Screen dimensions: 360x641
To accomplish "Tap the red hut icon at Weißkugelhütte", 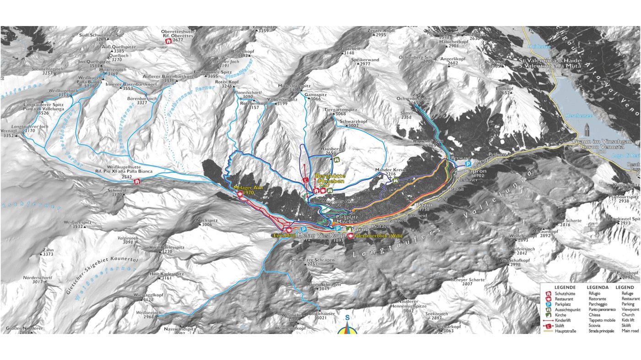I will coord(136,182).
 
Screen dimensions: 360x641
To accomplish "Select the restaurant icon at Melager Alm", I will coord(240,194).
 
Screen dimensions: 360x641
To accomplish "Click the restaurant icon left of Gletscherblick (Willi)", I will coord(351,235).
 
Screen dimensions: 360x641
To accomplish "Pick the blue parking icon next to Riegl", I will coord(468,164).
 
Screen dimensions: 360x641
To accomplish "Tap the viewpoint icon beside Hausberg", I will coord(337,160).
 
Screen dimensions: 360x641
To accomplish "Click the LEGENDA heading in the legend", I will coord(598,287).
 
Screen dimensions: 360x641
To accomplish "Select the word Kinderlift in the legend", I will coord(564,320).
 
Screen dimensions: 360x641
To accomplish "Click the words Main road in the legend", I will coord(631,331).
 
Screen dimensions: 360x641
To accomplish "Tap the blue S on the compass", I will coord(348,318).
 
